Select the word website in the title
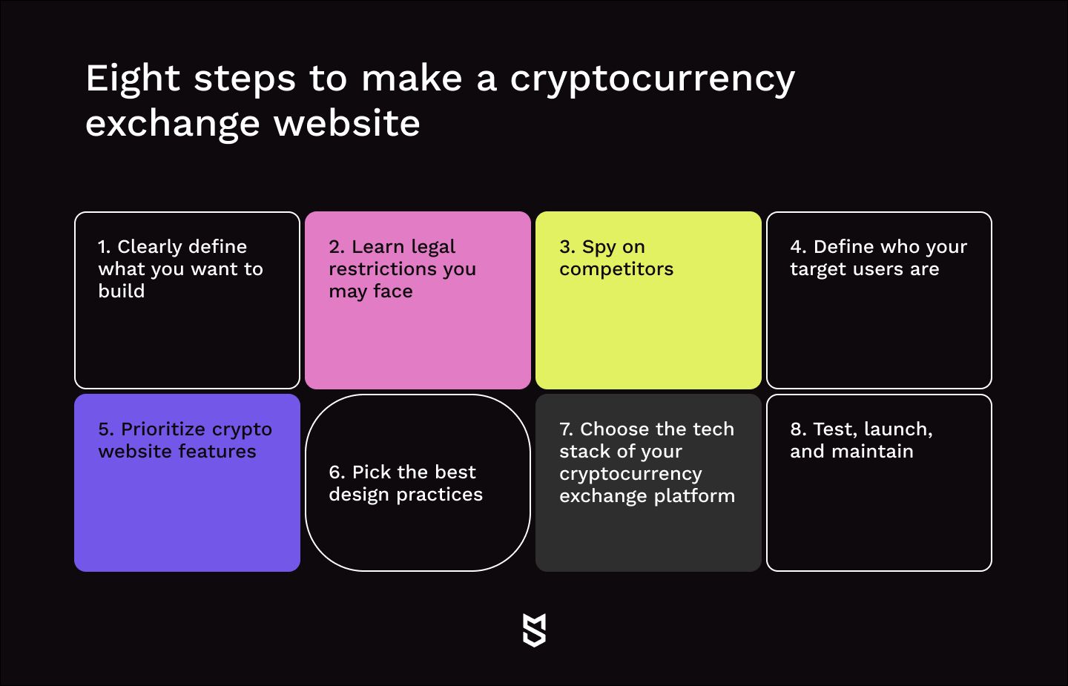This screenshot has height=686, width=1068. coord(346,123)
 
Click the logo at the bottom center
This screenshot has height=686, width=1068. coord(534,630)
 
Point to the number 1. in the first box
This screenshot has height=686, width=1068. coord(104,247)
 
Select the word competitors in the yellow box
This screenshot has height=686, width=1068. coord(616,270)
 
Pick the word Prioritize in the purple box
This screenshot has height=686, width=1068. coord(163,429)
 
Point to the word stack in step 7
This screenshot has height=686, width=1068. coord(582,452)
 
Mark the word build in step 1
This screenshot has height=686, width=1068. coord(121,291)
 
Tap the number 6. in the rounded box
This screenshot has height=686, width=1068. coord(337,472)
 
